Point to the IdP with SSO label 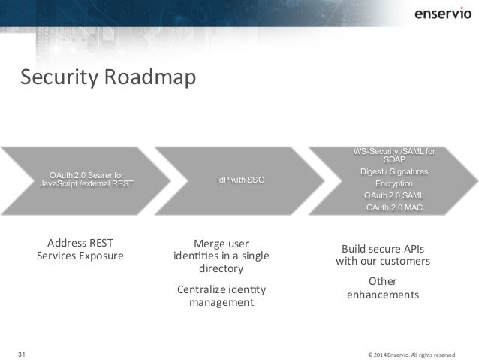(240, 181)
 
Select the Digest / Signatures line (394, 171)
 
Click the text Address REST (80, 243)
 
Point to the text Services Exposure (80, 256)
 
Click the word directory (221, 269)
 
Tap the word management (221, 302)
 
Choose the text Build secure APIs (383, 249)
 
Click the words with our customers (383, 262)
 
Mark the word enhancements (383, 295)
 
